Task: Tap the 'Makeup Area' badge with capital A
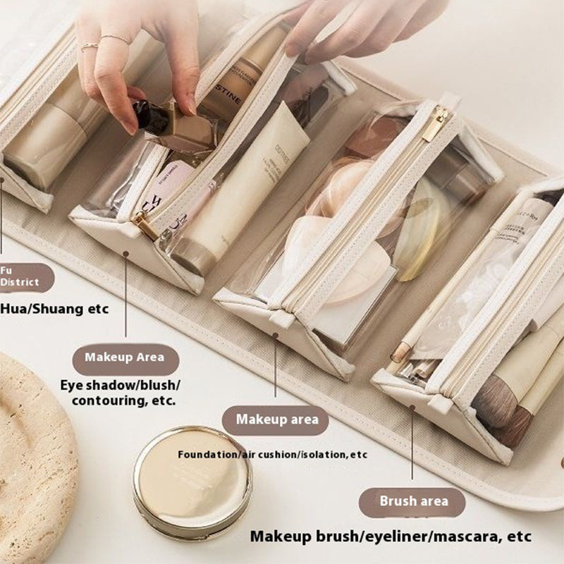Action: [125, 357]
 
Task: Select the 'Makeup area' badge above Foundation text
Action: [276, 419]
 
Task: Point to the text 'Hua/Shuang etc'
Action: [55, 308]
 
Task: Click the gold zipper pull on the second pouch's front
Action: [147, 226]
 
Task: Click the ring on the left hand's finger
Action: [90, 47]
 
